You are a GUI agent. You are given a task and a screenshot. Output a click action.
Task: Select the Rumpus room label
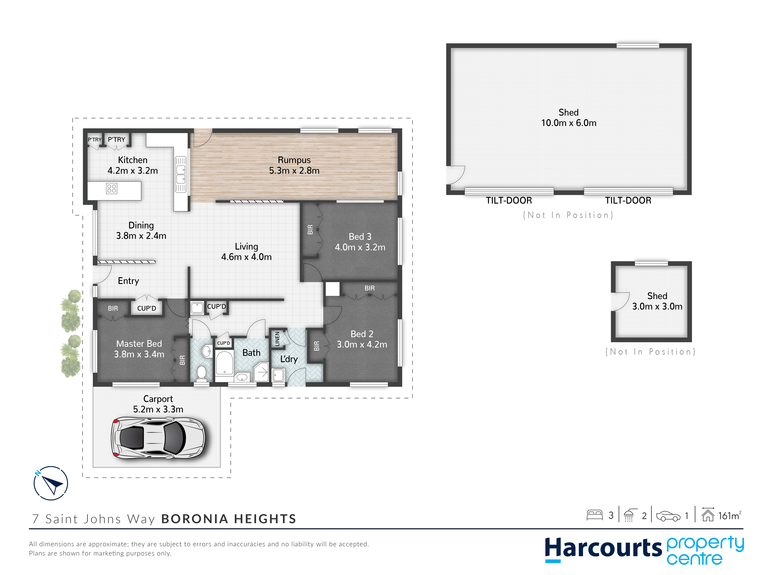[x=294, y=160]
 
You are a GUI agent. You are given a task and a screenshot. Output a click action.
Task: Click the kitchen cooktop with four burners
[x=112, y=189]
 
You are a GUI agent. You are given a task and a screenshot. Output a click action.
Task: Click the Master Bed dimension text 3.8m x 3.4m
[x=139, y=354]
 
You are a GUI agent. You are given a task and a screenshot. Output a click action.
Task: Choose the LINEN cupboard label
[x=277, y=339]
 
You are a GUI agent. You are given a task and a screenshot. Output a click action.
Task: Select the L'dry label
[x=289, y=359]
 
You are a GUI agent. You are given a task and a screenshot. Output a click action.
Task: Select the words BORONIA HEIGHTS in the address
[x=229, y=519]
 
